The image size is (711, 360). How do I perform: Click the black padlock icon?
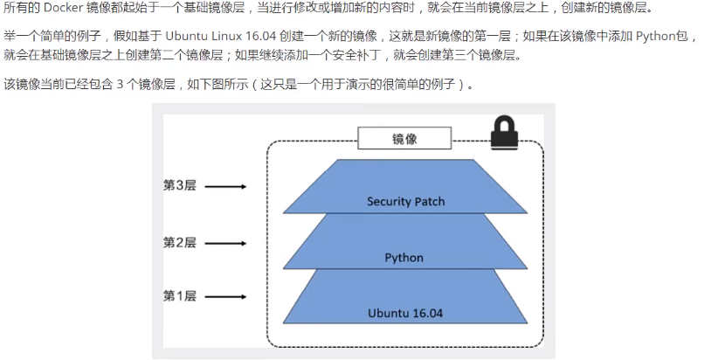[504, 133]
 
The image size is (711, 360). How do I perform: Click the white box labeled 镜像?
[404, 138]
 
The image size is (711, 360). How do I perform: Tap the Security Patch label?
[406, 202]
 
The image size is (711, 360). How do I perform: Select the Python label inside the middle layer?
[404, 258]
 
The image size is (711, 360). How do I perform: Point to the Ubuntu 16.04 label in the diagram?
[405, 314]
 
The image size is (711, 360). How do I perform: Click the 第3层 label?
[180, 185]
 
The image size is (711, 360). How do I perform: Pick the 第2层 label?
[180, 243]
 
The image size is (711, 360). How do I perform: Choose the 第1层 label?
[180, 296]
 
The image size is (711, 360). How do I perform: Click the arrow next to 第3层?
[226, 186]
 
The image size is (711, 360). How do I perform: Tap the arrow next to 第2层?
[226, 244]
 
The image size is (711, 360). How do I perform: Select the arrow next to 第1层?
[226, 297]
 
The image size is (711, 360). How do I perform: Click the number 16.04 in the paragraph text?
[261, 36]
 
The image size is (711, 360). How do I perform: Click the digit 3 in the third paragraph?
[120, 85]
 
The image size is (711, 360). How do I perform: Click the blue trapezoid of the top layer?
[405, 186]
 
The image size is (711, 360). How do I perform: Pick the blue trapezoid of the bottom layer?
[405, 296]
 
